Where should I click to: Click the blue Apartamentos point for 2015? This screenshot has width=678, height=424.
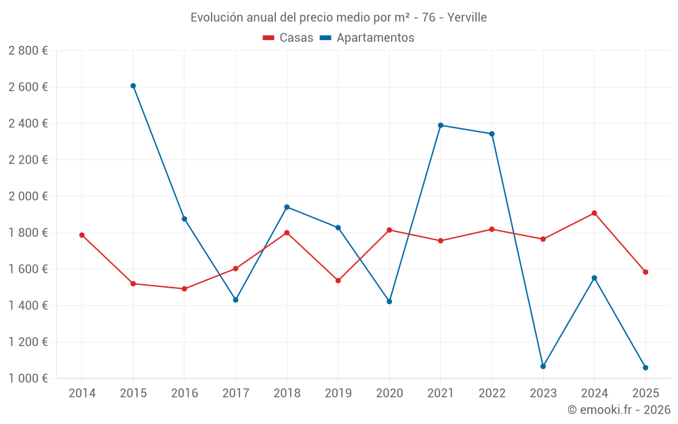pyautogui.click(x=133, y=85)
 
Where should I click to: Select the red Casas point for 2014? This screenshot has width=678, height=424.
pyautogui.click(x=82, y=235)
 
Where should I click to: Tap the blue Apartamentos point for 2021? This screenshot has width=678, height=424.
pyautogui.click(x=441, y=125)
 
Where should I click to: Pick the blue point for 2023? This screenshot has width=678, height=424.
pyautogui.click(x=543, y=366)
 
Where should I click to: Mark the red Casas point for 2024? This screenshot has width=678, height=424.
pyautogui.click(x=595, y=213)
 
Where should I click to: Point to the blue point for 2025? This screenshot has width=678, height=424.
pyautogui.click(x=645, y=368)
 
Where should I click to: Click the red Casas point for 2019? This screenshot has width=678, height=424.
pyautogui.click(x=338, y=280)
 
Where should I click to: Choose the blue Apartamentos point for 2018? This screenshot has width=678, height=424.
pyautogui.click(x=287, y=207)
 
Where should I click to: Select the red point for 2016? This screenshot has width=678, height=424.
pyautogui.click(x=184, y=289)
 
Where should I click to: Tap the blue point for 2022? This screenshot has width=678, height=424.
pyautogui.click(x=492, y=134)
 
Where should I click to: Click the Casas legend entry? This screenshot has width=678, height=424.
pyautogui.click(x=288, y=38)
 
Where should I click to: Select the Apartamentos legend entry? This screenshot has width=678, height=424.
pyautogui.click(x=367, y=38)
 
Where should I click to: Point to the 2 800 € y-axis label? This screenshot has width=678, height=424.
pyautogui.click(x=28, y=50)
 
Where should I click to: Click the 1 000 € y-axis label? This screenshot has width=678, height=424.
pyautogui.click(x=28, y=378)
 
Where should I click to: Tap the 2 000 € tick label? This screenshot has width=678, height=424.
pyautogui.click(x=28, y=196)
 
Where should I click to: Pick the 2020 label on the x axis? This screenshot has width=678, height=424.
pyautogui.click(x=389, y=393)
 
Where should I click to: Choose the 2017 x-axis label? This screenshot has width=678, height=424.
pyautogui.click(x=235, y=393)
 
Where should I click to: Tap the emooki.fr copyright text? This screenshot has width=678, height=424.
pyautogui.click(x=619, y=409)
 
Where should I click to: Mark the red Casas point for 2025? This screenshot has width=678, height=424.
pyautogui.click(x=645, y=272)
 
